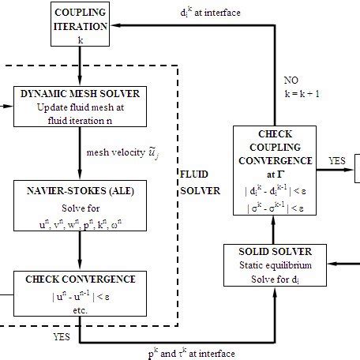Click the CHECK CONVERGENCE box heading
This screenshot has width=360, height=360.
(x=81, y=279)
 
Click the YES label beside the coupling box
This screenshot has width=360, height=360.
(x=337, y=160)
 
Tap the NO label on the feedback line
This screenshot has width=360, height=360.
(x=291, y=80)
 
